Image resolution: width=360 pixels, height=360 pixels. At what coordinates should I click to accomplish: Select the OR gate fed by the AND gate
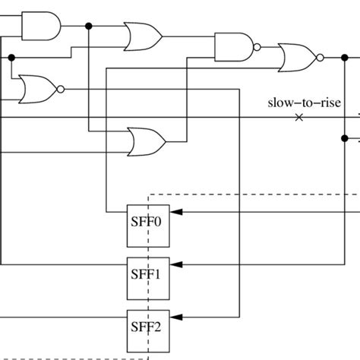pyautogui.click(x=142, y=35)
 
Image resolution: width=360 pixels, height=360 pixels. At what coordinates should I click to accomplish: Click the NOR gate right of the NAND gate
pyautogui.click(x=296, y=57)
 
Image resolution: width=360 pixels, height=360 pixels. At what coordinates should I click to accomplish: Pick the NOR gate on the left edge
pyautogui.click(x=36, y=88)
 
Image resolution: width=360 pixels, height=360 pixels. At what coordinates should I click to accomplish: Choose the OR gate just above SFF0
pyautogui.click(x=146, y=140)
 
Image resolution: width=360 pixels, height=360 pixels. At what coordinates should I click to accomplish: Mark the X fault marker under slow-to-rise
pyautogui.click(x=298, y=117)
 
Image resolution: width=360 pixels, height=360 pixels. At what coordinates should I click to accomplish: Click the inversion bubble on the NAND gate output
pyautogui.click(x=257, y=47)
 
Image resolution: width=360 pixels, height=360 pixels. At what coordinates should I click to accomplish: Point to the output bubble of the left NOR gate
pyautogui.click(x=61, y=88)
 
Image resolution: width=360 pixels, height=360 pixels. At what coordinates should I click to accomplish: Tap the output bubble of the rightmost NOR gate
pyautogui.click(x=320, y=57)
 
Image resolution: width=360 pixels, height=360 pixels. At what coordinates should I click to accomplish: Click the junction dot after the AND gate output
pyautogui.click(x=89, y=27)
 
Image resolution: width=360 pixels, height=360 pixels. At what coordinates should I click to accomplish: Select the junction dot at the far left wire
pyautogui.click(x=11, y=57)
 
